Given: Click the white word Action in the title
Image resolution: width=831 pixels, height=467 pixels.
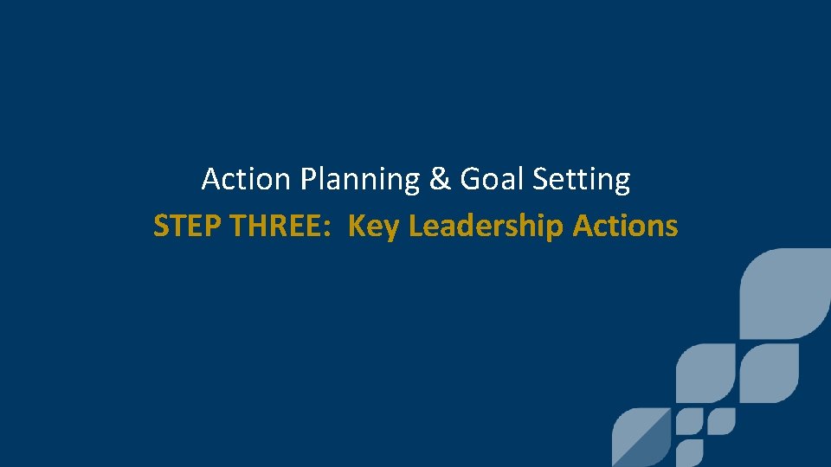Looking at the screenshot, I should (x=233, y=180).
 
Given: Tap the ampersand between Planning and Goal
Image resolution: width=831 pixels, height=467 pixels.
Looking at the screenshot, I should (x=436, y=180).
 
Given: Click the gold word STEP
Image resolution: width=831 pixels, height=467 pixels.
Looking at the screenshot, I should (x=181, y=226).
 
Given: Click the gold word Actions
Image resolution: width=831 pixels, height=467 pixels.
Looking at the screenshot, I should (x=625, y=226).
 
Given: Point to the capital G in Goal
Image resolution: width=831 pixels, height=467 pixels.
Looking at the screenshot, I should (x=470, y=180).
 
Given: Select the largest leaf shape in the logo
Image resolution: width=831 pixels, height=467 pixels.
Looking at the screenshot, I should (x=785, y=292).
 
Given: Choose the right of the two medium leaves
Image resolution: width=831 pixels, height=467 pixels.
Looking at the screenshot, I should (x=769, y=374).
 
